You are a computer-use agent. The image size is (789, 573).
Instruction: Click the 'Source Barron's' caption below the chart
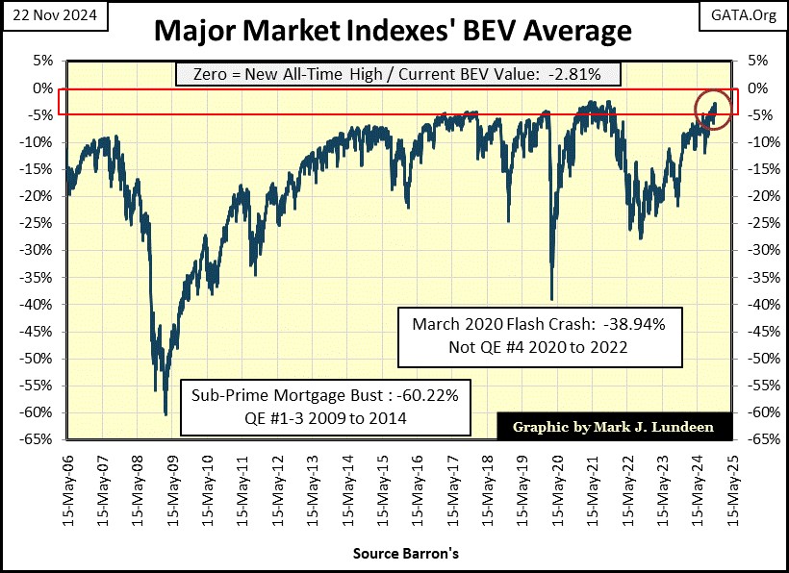(394, 554)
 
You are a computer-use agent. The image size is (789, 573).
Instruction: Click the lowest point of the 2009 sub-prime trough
(166, 414)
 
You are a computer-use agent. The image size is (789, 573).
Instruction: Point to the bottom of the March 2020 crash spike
(551, 299)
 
